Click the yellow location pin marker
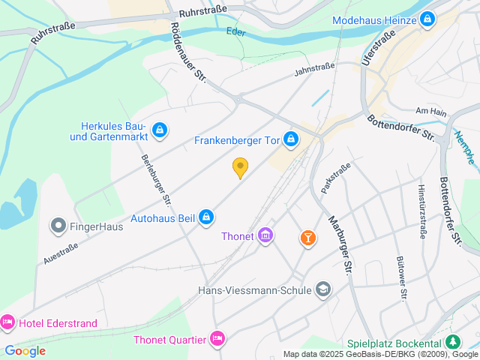(x=240, y=168)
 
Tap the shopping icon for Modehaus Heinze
(x=427, y=19)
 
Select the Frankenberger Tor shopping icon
(x=291, y=139)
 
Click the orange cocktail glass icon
(x=307, y=238)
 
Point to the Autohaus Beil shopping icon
(x=207, y=218)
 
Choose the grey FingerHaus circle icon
(x=58, y=224)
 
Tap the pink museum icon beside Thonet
(x=265, y=237)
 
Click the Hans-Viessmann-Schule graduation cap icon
(x=323, y=289)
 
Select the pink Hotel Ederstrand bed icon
(x=7, y=323)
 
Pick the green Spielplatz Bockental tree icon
(x=453, y=342)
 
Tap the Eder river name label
(x=235, y=31)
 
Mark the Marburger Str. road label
(x=340, y=244)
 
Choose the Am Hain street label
(x=430, y=111)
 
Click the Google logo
(x=25, y=351)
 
